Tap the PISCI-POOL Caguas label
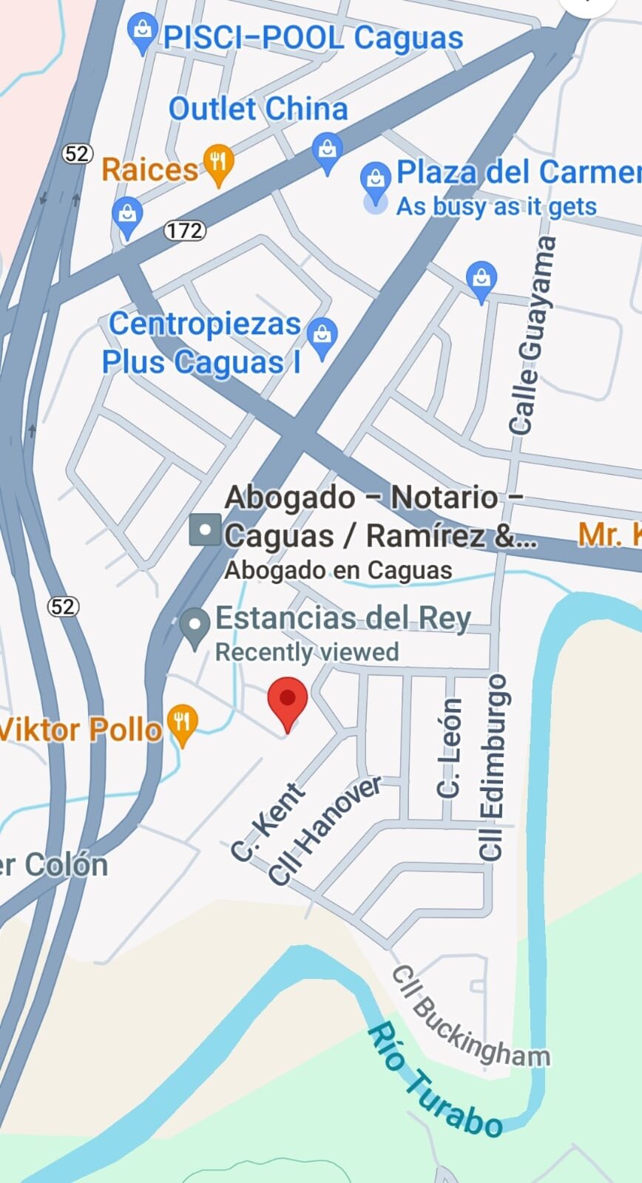(x=313, y=38)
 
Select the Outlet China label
(x=258, y=109)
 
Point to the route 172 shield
(x=183, y=231)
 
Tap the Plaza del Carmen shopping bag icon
(x=376, y=180)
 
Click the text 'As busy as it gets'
(x=496, y=206)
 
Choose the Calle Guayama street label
(x=531, y=335)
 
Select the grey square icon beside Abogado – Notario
(x=205, y=530)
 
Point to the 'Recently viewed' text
(x=307, y=652)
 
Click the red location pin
(x=288, y=702)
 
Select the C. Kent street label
(x=267, y=822)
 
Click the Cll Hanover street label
(x=325, y=830)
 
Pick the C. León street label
(x=450, y=748)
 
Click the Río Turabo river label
(x=436, y=1080)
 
